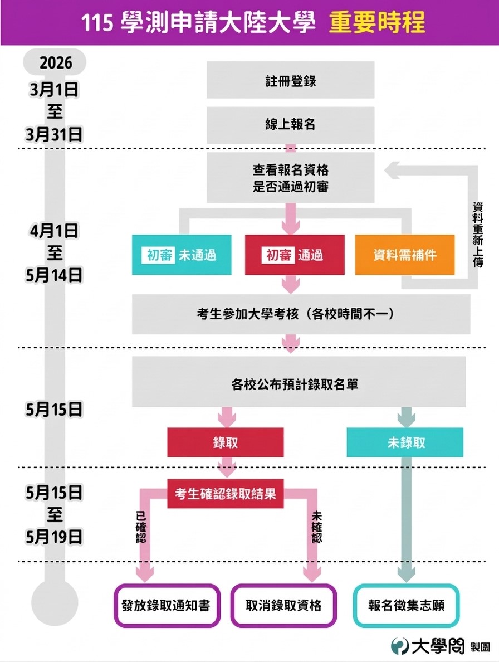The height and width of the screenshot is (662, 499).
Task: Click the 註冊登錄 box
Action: tap(290, 80)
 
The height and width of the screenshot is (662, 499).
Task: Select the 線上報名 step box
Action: tap(290, 124)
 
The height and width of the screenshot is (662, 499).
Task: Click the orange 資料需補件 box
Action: tap(405, 255)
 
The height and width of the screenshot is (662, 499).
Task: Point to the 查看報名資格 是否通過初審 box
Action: tap(290, 178)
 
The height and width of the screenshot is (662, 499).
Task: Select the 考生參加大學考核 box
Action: tap(301, 314)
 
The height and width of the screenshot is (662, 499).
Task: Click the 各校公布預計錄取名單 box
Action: tap(299, 383)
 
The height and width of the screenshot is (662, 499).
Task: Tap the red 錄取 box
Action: tap(225, 442)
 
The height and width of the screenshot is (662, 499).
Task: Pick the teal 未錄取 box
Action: tap(405, 442)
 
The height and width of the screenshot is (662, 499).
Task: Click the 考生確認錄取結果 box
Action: tap(225, 493)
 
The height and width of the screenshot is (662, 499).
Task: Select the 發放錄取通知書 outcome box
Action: tap(165, 606)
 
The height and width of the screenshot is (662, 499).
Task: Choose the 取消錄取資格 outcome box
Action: tap(283, 606)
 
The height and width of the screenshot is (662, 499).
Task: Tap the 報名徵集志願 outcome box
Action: tap(407, 606)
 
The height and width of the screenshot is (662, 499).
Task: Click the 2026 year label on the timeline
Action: tap(56, 62)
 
